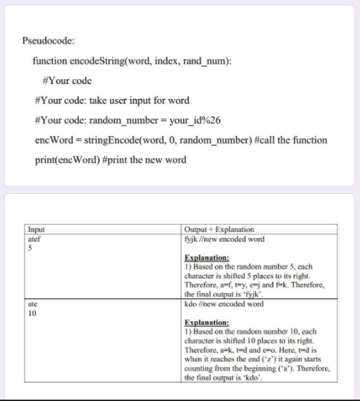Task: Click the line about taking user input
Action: click(111, 100)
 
